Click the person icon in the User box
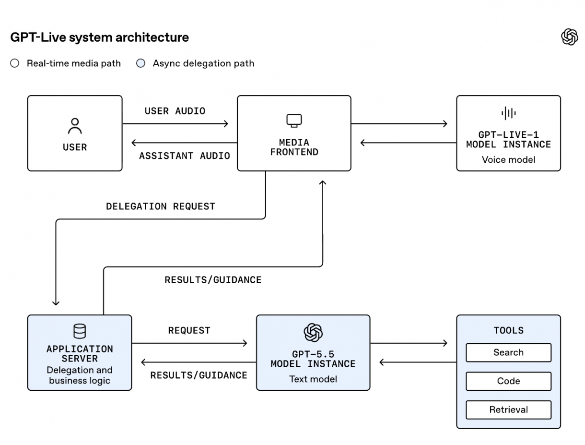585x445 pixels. (75, 126)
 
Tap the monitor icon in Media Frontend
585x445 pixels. (294, 120)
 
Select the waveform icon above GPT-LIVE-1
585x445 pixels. (508, 113)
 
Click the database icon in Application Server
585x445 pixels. (80, 331)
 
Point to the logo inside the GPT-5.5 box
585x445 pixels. (313, 332)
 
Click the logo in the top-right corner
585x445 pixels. (570, 37)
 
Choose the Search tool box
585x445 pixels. (508, 352)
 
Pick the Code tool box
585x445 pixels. (508, 381)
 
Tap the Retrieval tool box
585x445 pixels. (508, 409)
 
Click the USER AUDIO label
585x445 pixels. (175, 111)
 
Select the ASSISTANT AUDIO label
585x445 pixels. (185, 156)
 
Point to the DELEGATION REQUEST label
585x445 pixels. (161, 206)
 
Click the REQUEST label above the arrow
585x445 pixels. (189, 330)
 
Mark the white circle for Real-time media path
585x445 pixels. (15, 63)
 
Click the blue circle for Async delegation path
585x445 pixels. (140, 63)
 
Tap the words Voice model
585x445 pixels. (508, 159)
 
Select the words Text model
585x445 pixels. (313, 379)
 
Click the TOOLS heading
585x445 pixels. (508, 330)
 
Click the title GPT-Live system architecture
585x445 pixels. (99, 37)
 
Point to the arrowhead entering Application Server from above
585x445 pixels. (56, 303)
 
